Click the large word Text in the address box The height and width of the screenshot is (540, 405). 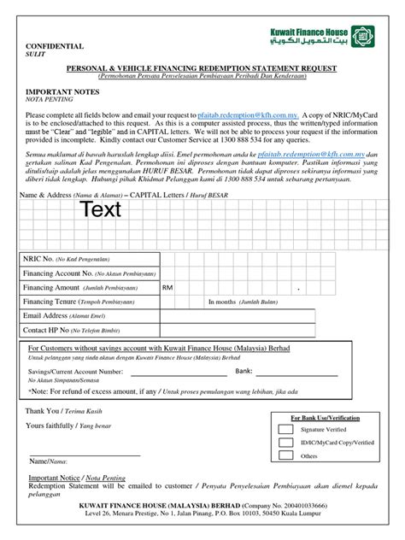coord(101,208)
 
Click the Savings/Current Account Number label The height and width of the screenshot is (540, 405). coord(75,372)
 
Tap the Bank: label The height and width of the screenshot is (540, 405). coord(244,372)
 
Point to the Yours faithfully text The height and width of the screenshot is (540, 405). coord(49,425)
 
